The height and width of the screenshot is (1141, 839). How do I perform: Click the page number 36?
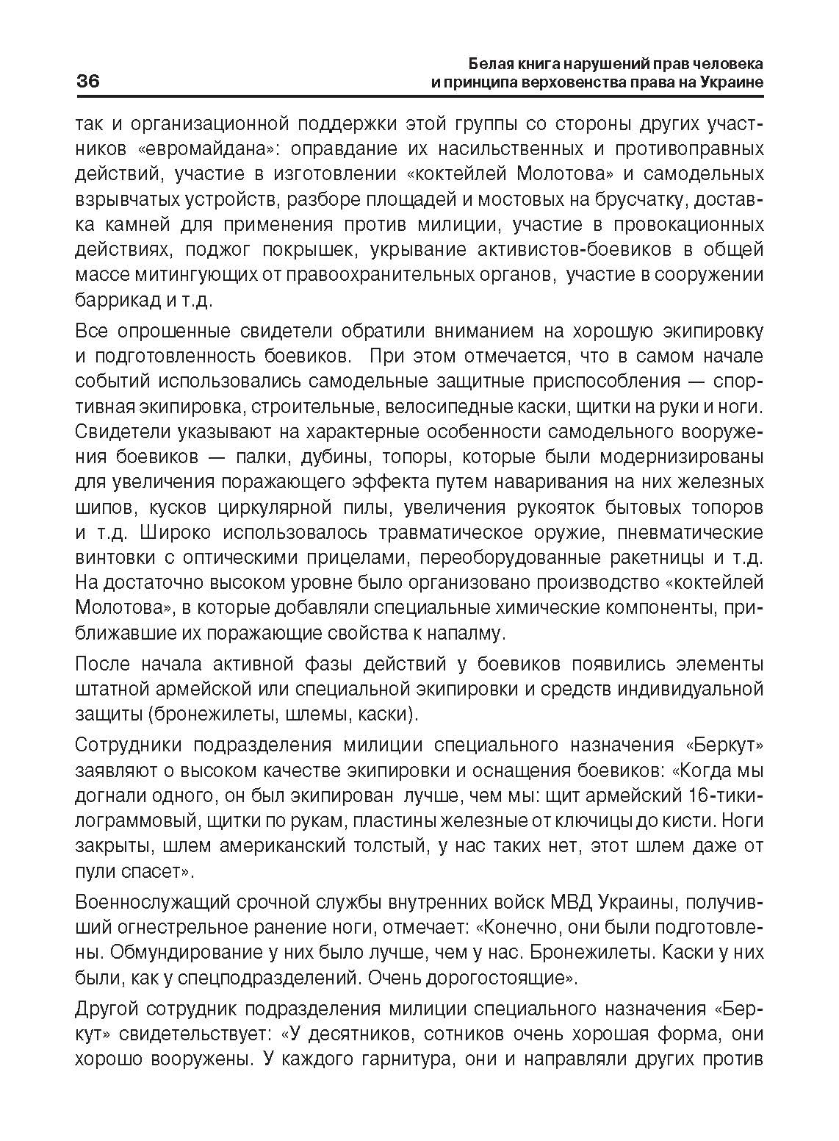[87, 81]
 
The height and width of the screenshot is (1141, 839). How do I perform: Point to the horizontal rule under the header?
[419, 96]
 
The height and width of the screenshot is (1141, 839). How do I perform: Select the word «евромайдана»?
[207, 149]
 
